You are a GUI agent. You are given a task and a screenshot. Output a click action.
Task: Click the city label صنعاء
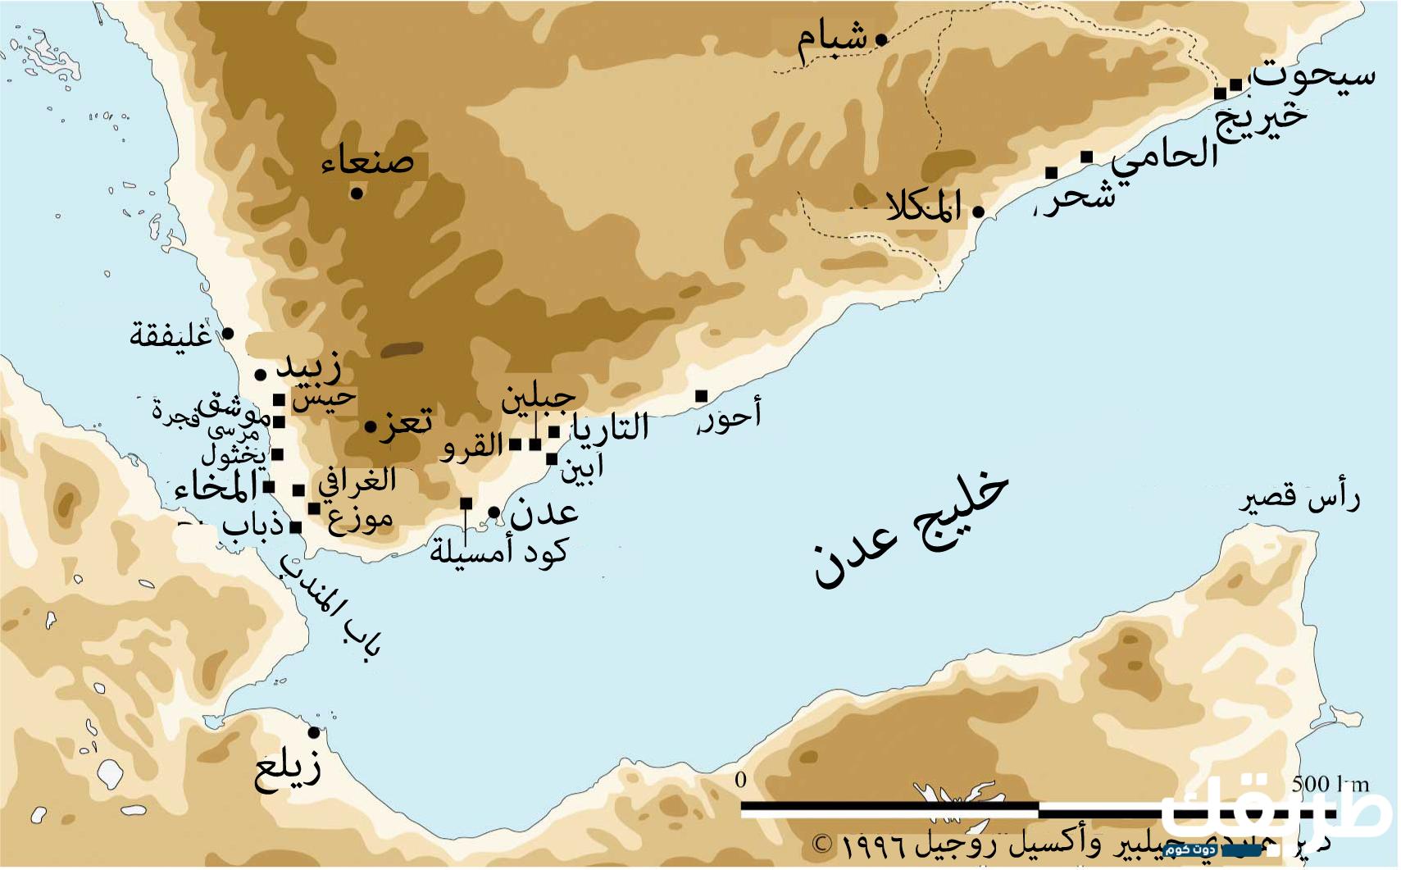click(367, 161)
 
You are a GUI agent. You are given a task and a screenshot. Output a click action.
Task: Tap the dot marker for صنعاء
click(357, 194)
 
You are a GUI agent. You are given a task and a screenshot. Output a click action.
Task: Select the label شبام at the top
click(831, 43)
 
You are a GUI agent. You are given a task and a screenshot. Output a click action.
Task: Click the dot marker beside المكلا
click(977, 212)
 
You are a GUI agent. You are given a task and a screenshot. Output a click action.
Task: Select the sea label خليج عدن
click(910, 529)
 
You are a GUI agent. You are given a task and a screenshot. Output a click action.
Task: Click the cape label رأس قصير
click(1299, 499)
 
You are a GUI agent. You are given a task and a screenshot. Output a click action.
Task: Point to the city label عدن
click(544, 513)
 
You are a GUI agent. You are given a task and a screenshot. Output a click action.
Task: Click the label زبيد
click(308, 368)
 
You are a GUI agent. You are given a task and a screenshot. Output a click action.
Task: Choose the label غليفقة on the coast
click(170, 335)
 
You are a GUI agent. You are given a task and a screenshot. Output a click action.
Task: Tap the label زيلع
click(287, 770)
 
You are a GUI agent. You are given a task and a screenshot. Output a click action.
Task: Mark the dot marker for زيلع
click(313, 732)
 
